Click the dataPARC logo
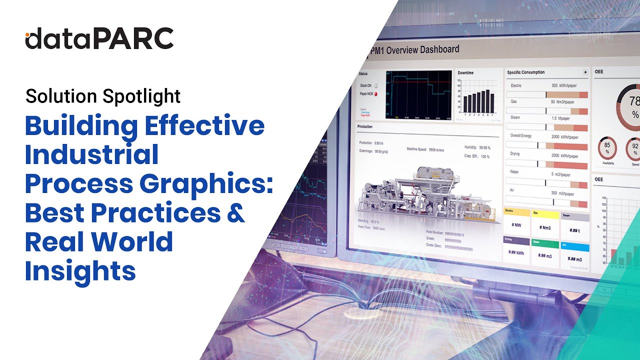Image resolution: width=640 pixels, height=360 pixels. (x=99, y=38)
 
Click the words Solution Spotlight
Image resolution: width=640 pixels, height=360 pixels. (x=103, y=95)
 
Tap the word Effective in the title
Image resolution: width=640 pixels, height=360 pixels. (x=204, y=125)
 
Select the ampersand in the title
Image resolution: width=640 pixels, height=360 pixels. (x=233, y=212)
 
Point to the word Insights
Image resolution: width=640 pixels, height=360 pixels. (x=80, y=270)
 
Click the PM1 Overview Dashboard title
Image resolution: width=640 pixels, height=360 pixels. (x=414, y=50)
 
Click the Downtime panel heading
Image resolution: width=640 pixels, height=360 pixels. (x=465, y=73)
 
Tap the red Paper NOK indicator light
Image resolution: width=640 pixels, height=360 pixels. (x=375, y=93)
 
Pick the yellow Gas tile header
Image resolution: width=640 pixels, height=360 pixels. (x=545, y=213)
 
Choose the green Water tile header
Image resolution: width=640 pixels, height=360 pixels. (x=545, y=243)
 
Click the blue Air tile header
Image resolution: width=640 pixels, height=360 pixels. (x=574, y=247)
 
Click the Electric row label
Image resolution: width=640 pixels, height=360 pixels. (x=516, y=85)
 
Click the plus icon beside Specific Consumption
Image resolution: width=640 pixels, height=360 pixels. (x=585, y=72)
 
